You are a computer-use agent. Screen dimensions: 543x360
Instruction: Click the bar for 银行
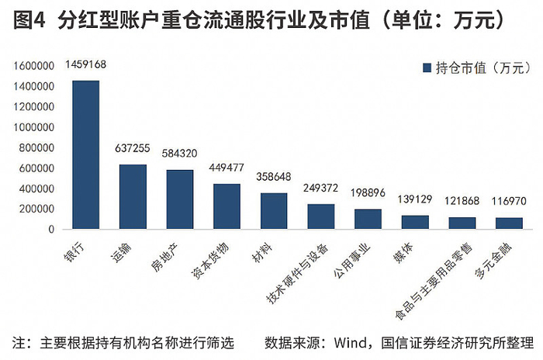point(86,154)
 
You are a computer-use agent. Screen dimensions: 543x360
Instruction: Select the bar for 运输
point(133,196)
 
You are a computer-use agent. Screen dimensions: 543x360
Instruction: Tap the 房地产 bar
point(180,199)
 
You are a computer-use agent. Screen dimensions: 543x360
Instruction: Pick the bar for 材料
point(274,211)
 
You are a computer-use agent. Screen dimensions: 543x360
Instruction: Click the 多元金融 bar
point(509,223)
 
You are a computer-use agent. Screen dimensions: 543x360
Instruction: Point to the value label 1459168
point(85,64)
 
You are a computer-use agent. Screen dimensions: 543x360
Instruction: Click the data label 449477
point(227,168)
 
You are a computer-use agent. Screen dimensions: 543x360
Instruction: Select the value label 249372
point(320,188)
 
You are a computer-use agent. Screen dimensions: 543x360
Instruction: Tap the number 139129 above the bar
point(415,199)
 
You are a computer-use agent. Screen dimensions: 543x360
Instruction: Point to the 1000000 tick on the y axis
point(34,127)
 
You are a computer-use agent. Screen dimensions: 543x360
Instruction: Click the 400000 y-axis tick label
point(36,189)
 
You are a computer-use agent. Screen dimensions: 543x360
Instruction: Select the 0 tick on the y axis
point(52,230)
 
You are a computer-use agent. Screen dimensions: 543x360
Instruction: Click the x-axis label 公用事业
point(351,261)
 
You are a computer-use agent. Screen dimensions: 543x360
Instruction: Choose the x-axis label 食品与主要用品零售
point(434,281)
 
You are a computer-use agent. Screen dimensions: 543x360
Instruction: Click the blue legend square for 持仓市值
point(427,68)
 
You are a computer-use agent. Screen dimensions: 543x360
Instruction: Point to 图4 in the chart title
point(29,20)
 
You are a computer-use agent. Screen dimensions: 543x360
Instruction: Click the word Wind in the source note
point(351,343)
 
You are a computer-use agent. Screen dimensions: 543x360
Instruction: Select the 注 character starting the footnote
point(19,343)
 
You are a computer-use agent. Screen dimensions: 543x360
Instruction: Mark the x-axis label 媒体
point(403,253)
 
